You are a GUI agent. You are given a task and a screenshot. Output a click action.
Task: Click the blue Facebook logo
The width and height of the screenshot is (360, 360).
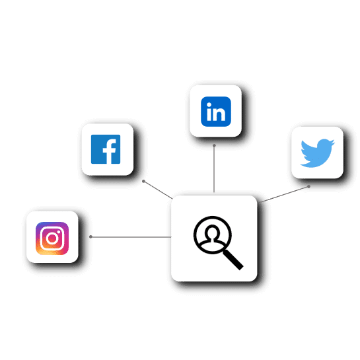click(x=106, y=149)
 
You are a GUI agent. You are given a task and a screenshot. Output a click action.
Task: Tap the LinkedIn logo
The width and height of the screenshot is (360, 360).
click(x=216, y=112)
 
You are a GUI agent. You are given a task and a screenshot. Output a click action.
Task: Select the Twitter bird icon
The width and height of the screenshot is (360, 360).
click(x=317, y=153)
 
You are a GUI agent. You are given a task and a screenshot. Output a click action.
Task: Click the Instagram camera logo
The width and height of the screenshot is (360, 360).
click(x=52, y=238)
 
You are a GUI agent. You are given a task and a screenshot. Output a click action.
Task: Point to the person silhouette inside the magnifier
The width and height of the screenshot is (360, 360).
click(x=213, y=236)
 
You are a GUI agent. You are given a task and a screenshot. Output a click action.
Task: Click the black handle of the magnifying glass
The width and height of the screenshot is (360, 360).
click(x=233, y=260)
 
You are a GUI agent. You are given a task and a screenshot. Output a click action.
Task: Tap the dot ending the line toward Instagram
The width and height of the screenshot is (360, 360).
click(x=90, y=236)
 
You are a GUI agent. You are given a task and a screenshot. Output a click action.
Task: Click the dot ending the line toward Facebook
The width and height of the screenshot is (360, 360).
click(x=143, y=182)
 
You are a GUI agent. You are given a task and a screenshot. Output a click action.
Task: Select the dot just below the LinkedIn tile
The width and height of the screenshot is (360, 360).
click(x=214, y=145)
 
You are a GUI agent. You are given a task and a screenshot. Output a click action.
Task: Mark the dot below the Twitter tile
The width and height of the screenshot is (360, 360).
click(x=308, y=187)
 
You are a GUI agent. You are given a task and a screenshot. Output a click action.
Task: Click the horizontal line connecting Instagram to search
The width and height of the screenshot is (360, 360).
click(x=131, y=236)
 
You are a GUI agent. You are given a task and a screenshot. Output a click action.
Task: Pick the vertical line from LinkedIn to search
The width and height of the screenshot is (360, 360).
click(x=214, y=169)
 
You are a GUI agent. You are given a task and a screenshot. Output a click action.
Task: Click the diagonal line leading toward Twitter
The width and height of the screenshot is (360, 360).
click(x=285, y=194)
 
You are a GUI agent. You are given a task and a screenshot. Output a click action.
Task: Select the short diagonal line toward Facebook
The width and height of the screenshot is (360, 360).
click(x=158, y=190)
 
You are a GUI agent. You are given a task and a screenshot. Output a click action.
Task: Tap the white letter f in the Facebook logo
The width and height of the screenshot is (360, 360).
click(x=110, y=151)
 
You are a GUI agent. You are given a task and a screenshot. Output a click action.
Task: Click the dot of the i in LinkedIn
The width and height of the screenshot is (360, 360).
click(x=209, y=105)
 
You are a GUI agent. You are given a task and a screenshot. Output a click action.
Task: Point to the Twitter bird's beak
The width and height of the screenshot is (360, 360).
click(x=333, y=142)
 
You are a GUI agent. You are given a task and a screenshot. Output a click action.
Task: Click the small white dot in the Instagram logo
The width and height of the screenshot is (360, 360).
click(x=59, y=232)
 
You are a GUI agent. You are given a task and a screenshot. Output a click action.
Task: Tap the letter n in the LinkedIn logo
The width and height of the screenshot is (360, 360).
click(x=219, y=114)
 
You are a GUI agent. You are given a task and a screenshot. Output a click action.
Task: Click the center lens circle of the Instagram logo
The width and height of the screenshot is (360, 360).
click(x=52, y=238)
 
